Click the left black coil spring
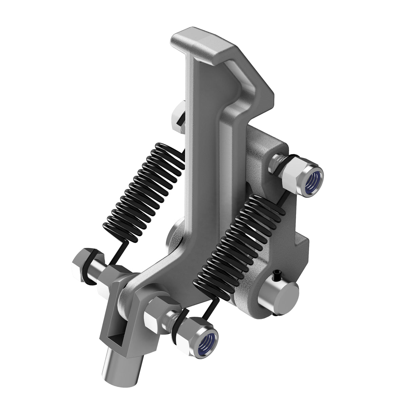point(146,190)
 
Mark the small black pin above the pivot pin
point(278,272)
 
